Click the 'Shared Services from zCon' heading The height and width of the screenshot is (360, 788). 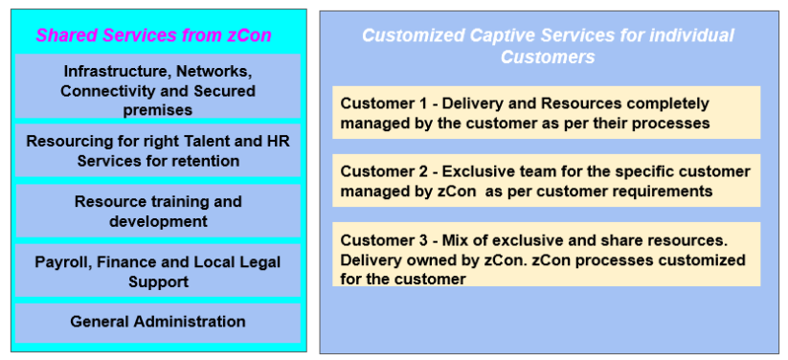153,35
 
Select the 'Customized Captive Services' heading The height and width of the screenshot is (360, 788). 547,46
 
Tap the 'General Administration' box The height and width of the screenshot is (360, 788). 157,322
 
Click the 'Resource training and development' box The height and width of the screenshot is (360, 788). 157,212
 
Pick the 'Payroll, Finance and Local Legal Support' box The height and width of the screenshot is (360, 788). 157,271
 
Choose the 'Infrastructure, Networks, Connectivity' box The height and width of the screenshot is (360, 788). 157,89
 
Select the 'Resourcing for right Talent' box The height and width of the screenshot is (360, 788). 157,151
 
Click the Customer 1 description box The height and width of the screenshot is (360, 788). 546,113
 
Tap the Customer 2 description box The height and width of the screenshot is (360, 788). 546,181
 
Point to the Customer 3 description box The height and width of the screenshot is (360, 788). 546,254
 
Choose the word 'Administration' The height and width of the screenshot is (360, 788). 190,322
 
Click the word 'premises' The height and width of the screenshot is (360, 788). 157,110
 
